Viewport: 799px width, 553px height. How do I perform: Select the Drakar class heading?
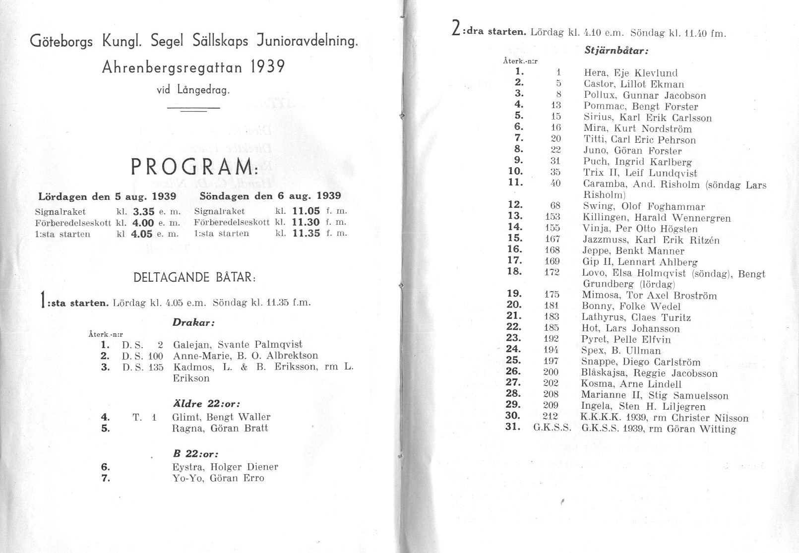point(193,322)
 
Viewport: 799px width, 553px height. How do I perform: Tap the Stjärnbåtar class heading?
point(616,50)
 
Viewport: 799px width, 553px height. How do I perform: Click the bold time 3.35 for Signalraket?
point(144,211)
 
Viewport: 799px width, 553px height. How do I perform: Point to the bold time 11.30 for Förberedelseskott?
point(306,222)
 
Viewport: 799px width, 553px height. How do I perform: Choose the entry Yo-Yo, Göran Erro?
point(218,478)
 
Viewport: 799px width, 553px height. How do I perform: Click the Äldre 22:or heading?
point(207,404)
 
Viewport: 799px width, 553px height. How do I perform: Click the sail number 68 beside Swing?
point(555,205)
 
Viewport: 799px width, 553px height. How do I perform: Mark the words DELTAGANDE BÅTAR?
point(194,277)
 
